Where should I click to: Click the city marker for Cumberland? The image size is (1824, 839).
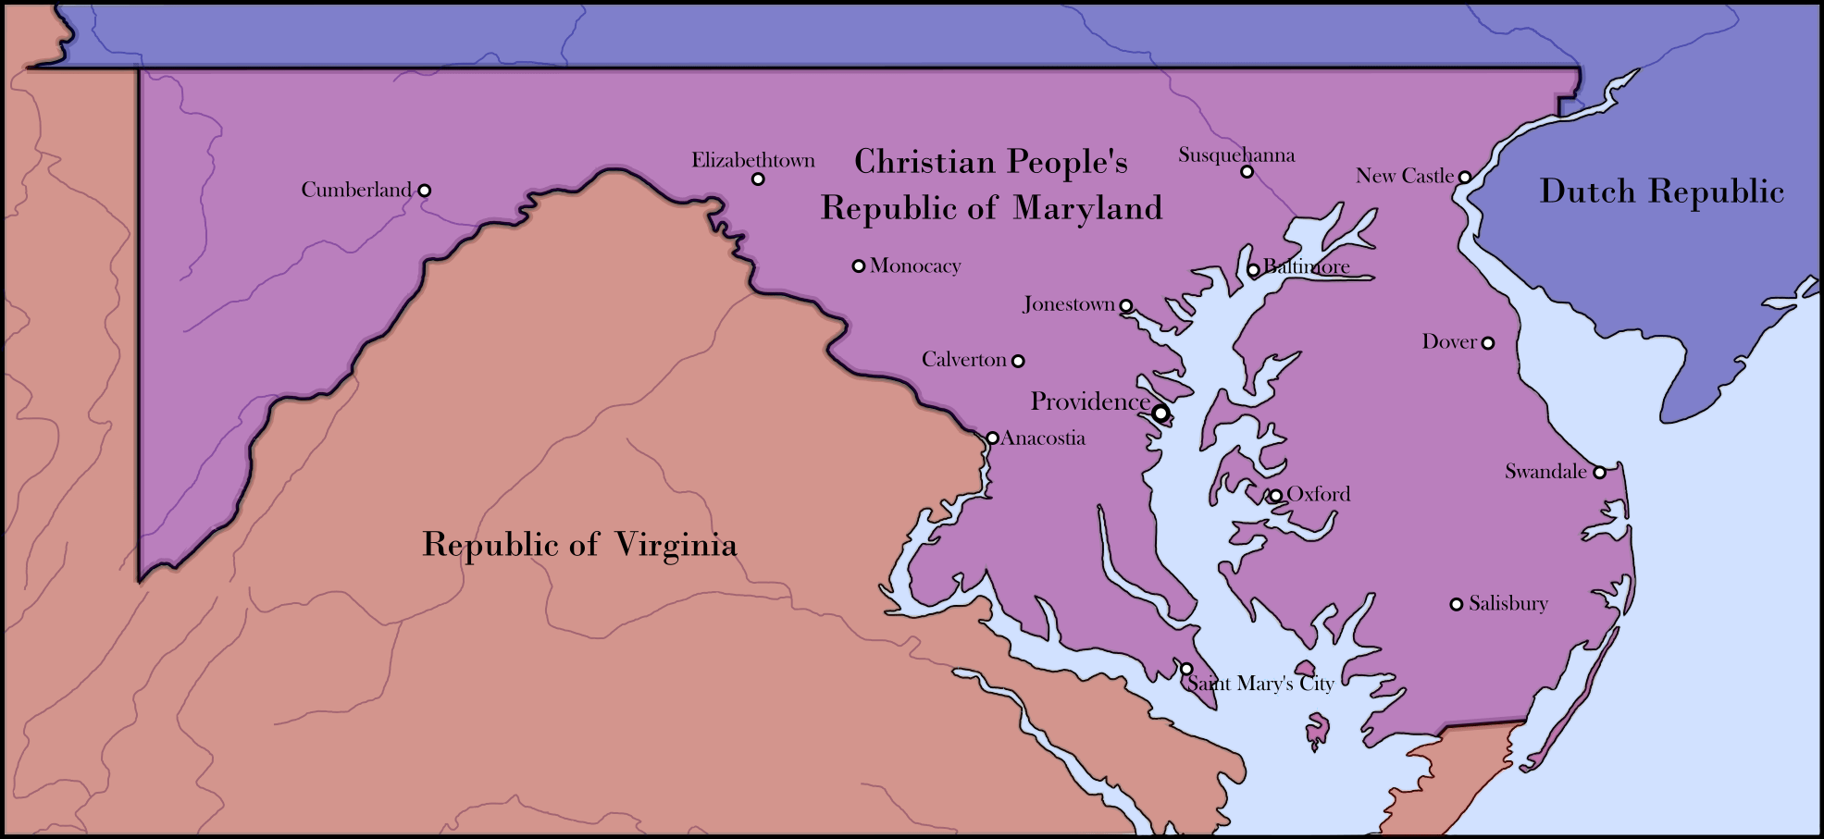point(424,191)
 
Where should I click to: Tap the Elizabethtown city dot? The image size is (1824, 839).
point(758,179)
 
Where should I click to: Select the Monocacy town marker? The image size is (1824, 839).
point(859,266)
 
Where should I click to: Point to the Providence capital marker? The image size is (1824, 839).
point(1160,413)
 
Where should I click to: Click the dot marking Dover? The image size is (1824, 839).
point(1488,343)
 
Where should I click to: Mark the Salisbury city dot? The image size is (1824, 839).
point(1456,604)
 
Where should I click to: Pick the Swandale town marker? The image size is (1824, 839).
point(1599,472)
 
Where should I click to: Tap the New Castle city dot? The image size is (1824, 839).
point(1465,177)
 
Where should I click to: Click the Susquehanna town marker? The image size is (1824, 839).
point(1247,171)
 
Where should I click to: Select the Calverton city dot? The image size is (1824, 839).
point(1018,361)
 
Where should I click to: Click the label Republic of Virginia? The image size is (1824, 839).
point(579,545)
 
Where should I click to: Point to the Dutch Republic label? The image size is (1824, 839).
point(1661,191)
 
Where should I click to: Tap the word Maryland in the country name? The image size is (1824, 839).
point(1087,208)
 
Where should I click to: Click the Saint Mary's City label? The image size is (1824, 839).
point(1260,684)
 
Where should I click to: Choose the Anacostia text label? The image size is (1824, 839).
point(1043,438)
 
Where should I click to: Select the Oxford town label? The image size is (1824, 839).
point(1319,494)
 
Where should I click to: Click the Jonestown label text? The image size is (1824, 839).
point(1069,304)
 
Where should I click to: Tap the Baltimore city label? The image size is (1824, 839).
point(1307,267)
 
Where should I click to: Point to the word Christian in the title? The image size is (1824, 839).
point(924,162)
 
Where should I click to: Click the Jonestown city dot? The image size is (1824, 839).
point(1126,306)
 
